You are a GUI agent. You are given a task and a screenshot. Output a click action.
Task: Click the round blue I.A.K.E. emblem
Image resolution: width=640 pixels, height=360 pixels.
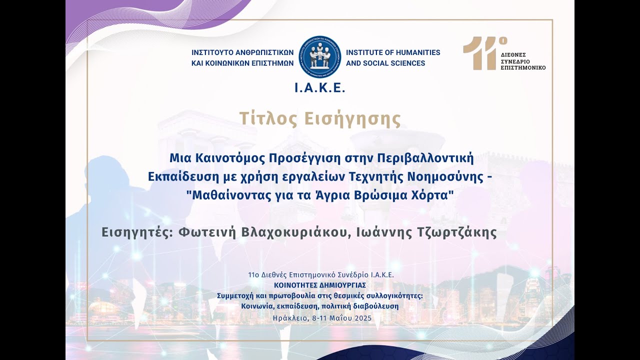click(319, 56)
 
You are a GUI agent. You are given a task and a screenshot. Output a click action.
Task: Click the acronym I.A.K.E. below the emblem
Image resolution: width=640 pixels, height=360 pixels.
click(319, 88)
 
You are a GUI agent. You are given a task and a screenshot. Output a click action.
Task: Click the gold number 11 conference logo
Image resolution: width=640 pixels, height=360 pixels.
click(478, 53)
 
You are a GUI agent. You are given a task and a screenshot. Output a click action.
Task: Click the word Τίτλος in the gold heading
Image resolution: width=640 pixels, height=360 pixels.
click(268, 119)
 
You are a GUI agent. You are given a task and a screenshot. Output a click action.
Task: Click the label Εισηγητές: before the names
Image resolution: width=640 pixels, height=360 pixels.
click(133, 232)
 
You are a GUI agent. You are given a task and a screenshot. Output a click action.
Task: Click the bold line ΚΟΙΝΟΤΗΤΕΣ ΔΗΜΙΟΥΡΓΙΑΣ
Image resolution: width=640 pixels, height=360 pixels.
click(320, 285)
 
